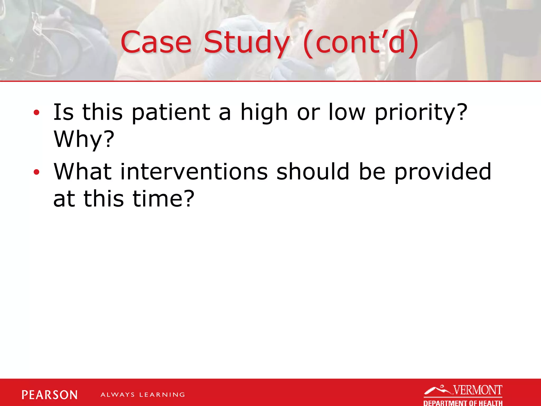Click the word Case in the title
click(156, 42)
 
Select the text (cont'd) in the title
click(361, 42)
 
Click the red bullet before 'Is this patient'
click(36, 113)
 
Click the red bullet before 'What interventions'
click(36, 172)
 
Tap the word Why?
click(84, 140)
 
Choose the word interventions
click(194, 172)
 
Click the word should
click(313, 172)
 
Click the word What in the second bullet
click(83, 172)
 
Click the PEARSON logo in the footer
click(50, 395)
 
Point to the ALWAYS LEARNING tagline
click(143, 395)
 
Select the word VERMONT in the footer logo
click(478, 390)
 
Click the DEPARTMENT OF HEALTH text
click(463, 403)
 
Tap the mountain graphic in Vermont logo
click(437, 390)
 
